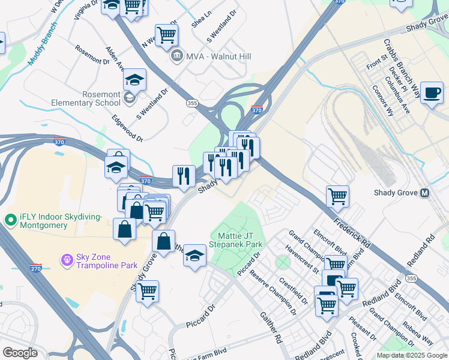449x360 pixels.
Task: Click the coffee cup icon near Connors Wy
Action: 432,92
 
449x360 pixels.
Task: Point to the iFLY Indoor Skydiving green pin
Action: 9,220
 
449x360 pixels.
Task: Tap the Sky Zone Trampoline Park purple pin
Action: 67,260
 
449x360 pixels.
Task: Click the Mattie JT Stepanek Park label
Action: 236,241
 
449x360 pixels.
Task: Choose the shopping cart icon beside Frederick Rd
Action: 338,196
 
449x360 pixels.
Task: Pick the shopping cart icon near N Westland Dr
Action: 166,34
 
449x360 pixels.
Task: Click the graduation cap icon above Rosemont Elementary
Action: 135,79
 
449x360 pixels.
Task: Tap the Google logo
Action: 20,352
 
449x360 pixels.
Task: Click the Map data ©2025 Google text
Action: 411,355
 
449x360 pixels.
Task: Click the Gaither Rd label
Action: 272,327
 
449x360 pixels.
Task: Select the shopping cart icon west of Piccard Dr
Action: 147,292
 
